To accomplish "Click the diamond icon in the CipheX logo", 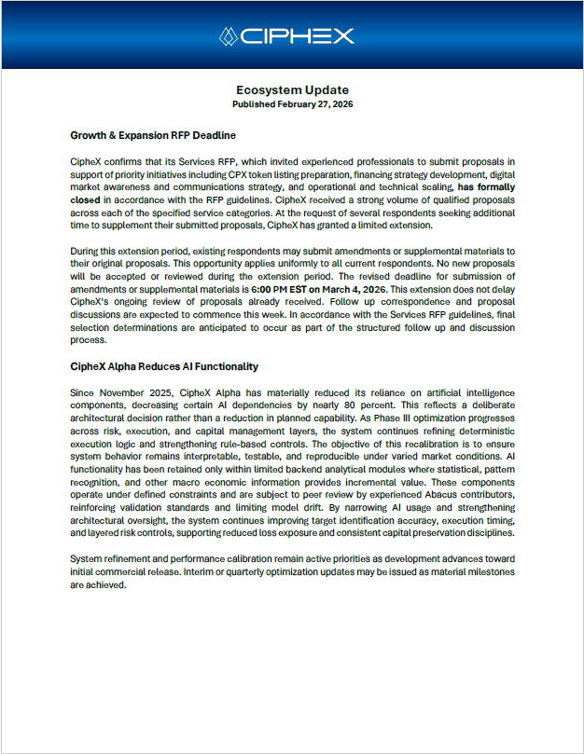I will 229,36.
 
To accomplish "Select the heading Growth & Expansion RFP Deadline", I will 153,135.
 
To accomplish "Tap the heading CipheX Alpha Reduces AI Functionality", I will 164,366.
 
